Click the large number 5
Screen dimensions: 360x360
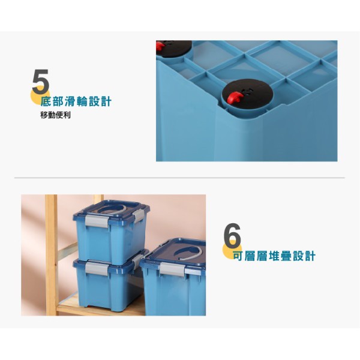tap(41, 82)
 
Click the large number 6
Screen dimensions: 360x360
tap(232, 236)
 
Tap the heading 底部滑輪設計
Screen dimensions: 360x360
tap(76, 101)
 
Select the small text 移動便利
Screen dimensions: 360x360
tap(55, 115)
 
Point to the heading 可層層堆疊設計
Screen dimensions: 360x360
tap(274, 256)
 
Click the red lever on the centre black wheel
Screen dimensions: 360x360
tap(235, 97)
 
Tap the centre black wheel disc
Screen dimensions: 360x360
tap(247, 92)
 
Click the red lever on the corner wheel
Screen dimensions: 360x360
tap(160, 46)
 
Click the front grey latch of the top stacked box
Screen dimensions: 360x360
tap(97, 221)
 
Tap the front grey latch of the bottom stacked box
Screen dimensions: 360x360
tap(97, 269)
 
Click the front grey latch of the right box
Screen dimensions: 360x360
tap(172, 269)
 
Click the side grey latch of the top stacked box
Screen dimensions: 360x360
tap(139, 216)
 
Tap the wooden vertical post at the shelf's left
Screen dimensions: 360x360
tap(51, 255)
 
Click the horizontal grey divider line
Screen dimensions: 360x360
tap(179, 178)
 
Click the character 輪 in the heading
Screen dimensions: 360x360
tap(82, 101)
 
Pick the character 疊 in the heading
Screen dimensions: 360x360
tap(286, 256)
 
